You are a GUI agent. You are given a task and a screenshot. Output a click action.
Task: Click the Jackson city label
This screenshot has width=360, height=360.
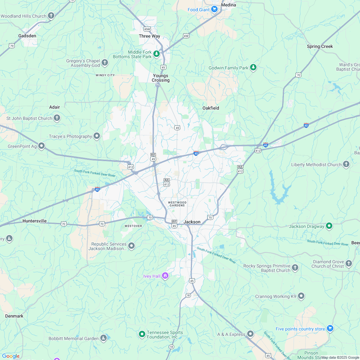[192, 222]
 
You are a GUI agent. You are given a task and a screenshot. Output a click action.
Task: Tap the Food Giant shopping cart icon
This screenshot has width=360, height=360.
[214, 10]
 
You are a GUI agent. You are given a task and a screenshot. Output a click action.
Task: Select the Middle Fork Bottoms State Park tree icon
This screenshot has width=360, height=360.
[157, 54]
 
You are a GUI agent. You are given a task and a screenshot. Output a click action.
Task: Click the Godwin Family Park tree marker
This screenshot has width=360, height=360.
[254, 67]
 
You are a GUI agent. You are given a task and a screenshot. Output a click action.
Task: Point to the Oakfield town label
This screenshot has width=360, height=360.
[211, 108]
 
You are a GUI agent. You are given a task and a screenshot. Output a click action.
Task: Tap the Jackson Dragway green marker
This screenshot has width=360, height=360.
[329, 226]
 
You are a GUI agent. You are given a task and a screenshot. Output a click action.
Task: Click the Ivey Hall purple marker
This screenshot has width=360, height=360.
[165, 276]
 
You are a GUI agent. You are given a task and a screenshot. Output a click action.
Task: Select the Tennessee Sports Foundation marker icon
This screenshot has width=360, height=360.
[142, 334]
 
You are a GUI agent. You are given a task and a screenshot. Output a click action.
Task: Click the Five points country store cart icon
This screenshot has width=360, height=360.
[330, 328]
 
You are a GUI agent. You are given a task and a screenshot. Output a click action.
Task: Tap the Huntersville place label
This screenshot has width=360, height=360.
[34, 221]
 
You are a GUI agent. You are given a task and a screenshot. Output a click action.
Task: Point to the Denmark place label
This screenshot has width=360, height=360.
[14, 316]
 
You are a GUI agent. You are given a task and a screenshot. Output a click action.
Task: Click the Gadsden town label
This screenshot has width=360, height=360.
[27, 36]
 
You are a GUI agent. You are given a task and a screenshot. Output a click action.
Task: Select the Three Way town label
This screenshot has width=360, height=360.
[149, 36]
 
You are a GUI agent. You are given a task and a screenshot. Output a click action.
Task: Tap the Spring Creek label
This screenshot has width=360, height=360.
[320, 46]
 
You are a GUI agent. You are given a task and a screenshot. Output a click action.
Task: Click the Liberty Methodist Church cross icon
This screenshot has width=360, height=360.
[346, 164]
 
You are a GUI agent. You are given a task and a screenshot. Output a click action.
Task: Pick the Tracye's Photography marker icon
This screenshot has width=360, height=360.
[97, 136]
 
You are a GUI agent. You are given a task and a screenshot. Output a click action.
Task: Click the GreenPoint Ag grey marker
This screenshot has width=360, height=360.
[41, 146]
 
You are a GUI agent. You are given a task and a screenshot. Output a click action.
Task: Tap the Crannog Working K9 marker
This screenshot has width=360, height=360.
[301, 296]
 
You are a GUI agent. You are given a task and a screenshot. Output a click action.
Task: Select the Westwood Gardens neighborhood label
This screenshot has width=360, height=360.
[177, 204]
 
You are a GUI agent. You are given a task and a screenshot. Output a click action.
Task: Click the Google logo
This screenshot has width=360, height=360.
[11, 356]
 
